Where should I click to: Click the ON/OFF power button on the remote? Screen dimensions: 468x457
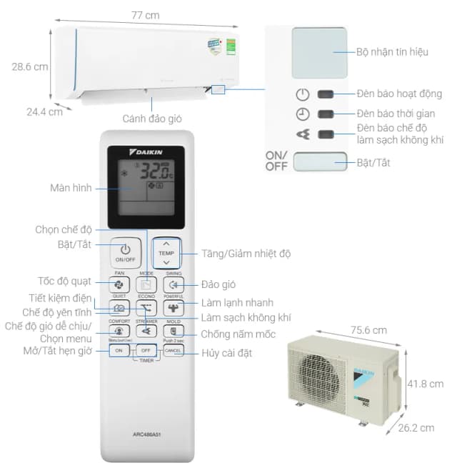pos(125,252)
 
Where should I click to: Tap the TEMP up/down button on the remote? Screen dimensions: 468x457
pos(166,253)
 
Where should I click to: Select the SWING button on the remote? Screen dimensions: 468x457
pos(174,284)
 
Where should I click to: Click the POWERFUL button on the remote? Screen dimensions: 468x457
pos(174,307)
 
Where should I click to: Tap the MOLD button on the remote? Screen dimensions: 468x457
pos(174,331)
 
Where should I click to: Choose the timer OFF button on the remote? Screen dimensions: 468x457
pos(146,351)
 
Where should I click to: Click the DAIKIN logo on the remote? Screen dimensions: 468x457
pos(146,153)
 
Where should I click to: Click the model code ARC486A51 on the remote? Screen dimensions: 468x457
pos(146,432)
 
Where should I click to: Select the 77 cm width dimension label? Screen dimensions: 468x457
pos(146,14)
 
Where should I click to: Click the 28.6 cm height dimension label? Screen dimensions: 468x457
pos(29,66)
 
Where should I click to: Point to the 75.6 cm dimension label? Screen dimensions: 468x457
pos(368,330)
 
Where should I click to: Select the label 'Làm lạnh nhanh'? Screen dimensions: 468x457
pos(236,303)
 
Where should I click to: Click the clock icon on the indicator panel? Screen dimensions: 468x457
pos(303,114)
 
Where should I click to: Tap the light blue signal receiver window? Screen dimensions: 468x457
pos(319,52)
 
